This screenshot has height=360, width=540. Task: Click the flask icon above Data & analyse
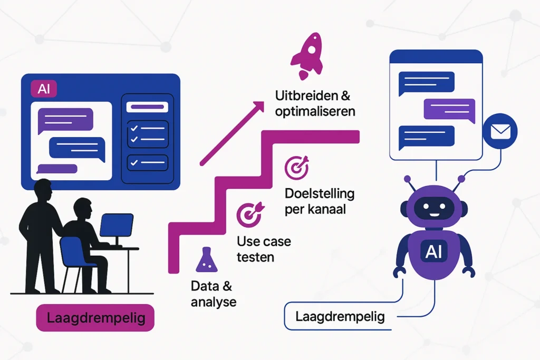click(206, 260)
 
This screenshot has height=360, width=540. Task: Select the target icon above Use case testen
click(247, 214)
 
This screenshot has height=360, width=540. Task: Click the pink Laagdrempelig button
click(95, 318)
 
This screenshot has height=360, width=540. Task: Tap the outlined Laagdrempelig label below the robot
click(340, 317)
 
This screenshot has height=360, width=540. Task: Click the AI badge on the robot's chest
click(433, 252)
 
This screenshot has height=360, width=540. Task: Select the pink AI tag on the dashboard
click(44, 89)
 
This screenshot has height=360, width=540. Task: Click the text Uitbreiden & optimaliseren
click(315, 104)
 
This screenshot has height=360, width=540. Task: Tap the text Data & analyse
click(213, 294)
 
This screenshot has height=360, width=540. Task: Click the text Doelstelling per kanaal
click(319, 200)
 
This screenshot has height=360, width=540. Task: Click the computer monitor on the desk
click(116, 225)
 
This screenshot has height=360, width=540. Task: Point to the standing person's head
click(42, 191)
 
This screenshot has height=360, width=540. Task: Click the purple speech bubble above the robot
click(446, 109)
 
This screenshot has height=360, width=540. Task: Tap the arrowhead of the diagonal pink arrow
click(258, 106)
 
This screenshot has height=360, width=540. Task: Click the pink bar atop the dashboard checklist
click(148, 107)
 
